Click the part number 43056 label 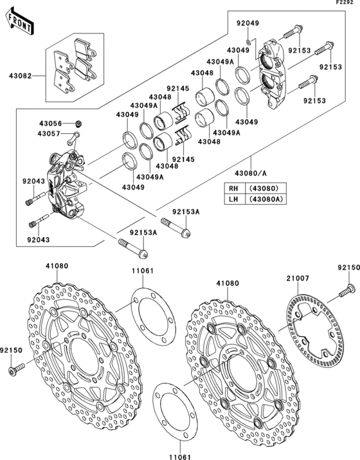pyautogui.click(x=50, y=123)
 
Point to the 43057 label pyautogui.click(x=50, y=134)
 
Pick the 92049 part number pyautogui.click(x=248, y=23)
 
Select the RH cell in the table pyautogui.click(x=233, y=188)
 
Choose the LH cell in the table pyautogui.click(x=233, y=199)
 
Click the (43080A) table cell pyautogui.click(x=265, y=199)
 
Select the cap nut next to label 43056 pyautogui.click(x=77, y=122)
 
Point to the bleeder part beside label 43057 pyautogui.click(x=75, y=135)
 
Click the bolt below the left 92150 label pyautogui.click(x=16, y=369)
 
